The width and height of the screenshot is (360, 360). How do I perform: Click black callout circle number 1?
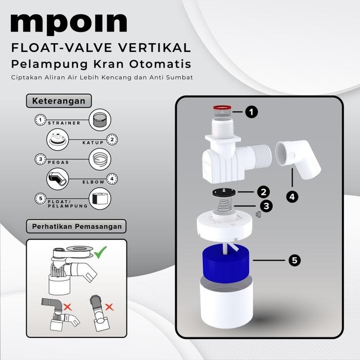pos(251,112)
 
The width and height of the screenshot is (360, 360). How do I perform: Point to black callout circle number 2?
pos(264,192)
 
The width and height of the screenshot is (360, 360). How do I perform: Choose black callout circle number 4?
pos(292,196)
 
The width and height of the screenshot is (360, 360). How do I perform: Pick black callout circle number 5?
pos(294,261)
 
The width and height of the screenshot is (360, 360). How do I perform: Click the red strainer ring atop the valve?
pos(222,109)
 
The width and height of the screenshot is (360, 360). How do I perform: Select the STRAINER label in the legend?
pos(64,123)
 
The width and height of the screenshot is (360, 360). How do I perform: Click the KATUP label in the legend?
pos(93,141)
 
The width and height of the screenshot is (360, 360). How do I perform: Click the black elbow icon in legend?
pos(57,179)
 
